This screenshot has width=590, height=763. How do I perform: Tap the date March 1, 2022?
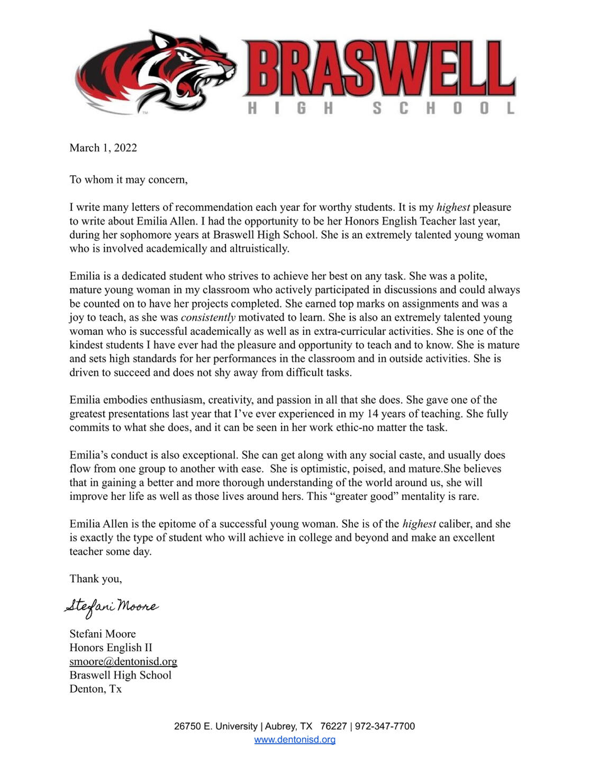[103, 148]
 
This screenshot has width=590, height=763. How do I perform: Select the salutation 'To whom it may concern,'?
[129, 180]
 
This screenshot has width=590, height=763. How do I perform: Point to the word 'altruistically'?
[258, 249]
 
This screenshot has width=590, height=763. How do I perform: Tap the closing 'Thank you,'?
[96, 579]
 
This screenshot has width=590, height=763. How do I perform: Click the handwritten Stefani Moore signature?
[112, 607]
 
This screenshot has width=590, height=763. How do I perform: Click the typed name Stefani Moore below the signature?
[103, 634]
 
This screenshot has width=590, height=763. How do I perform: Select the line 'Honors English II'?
[111, 647]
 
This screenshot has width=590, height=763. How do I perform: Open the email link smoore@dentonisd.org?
[123, 661]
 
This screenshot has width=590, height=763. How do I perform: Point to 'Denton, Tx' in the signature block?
[95, 689]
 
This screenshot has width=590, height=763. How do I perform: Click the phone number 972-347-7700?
[385, 726]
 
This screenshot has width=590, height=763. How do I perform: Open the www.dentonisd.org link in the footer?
[295, 740]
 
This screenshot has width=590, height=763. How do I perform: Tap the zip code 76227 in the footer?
[333, 726]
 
